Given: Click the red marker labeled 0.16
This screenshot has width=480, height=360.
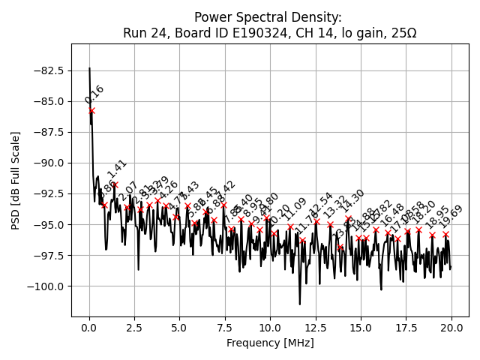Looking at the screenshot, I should coord(91,110).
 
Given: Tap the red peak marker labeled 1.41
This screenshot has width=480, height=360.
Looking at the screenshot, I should coord(115,184).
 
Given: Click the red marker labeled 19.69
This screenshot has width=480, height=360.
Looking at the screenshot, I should coord(445,234).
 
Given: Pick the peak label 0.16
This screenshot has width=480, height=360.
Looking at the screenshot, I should coord(94,94).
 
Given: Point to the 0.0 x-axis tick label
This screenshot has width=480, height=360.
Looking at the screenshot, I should coord(89,328).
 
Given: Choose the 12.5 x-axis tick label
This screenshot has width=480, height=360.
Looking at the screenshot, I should coord(316,328).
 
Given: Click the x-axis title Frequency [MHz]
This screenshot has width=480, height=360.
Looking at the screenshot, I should coord(270,343).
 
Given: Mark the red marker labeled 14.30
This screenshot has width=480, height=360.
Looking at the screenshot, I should coord(348,218).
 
